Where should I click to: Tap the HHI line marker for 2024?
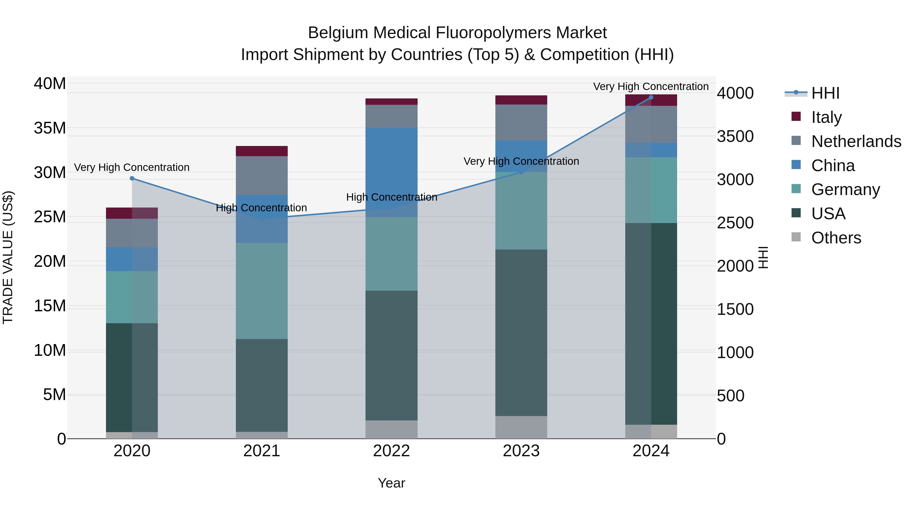pos(651,97)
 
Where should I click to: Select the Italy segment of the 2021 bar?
pos(262,151)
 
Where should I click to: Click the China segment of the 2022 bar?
pos(391,172)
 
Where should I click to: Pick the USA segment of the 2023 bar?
pos(521,333)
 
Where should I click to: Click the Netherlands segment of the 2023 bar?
pos(521,122)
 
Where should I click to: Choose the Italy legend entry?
pos(826,117)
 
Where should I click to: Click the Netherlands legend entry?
pos(856,141)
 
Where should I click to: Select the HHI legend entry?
pos(825,93)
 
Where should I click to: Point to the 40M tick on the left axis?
pos(50,84)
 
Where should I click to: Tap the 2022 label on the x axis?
pos(391,451)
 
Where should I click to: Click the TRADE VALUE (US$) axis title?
pos(8,257)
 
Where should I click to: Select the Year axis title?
pos(391,483)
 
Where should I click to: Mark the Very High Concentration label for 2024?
pos(651,86)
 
